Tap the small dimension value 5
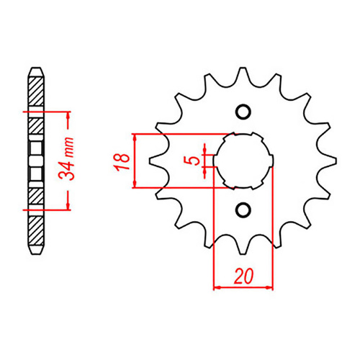click(191, 160)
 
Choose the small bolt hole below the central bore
click(243, 210)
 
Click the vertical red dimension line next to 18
click(135, 161)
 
